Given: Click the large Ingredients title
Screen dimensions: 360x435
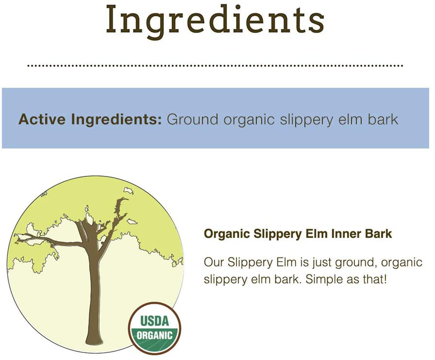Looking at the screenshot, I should (215, 20).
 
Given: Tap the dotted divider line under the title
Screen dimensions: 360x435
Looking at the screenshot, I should (215, 66).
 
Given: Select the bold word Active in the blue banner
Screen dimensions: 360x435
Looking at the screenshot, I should (42, 120).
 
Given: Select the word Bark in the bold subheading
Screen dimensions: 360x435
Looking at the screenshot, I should (379, 234).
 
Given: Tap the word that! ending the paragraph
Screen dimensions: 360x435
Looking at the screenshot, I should (375, 279).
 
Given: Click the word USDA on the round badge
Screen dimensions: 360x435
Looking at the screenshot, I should (155, 321).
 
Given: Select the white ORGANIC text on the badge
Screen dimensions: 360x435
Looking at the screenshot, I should (155, 336).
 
